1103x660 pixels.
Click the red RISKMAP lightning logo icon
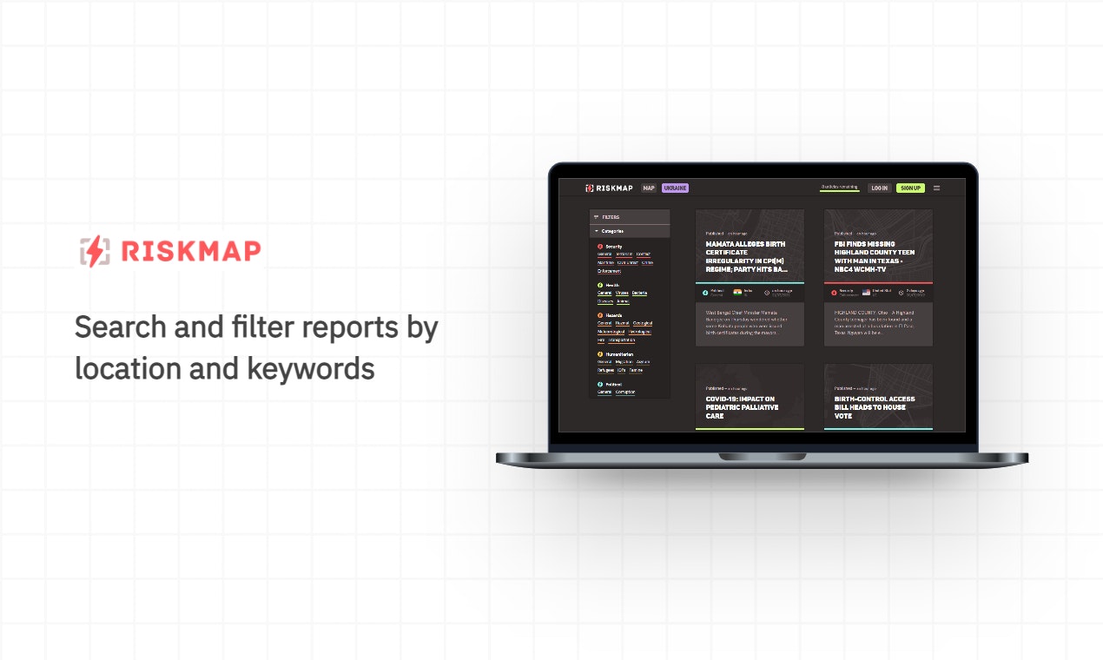tap(94, 251)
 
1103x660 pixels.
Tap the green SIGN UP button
tap(910, 188)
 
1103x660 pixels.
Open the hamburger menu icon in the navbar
tap(936, 188)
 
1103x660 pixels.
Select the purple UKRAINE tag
tap(675, 188)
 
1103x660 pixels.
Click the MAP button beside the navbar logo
tap(649, 188)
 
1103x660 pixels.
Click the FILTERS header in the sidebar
tap(611, 217)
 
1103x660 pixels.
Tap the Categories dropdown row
tap(613, 231)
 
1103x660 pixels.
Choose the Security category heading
tap(613, 247)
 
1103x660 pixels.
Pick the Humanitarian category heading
tap(618, 354)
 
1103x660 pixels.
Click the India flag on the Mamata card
tap(737, 293)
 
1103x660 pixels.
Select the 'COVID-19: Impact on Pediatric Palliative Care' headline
tap(742, 407)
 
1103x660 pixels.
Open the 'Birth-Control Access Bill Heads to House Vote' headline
tap(874, 407)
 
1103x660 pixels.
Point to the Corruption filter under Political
tap(625, 392)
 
